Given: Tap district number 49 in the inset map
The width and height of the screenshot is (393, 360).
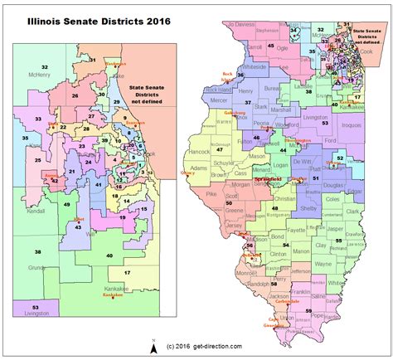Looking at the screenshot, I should click(x=66, y=203).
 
